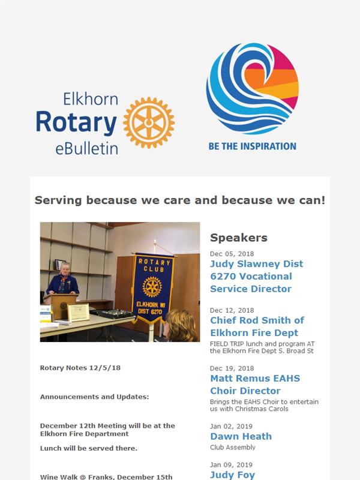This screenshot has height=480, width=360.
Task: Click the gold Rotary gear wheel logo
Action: [x=149, y=122]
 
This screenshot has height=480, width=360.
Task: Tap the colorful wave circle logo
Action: [x=253, y=89]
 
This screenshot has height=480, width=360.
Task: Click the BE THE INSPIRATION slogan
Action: [x=252, y=146]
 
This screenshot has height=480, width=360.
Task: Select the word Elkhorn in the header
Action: [x=91, y=99]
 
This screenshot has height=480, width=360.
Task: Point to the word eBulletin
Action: [x=86, y=149]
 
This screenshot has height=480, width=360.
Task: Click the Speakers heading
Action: [x=239, y=238]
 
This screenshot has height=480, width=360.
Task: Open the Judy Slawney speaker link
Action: [x=257, y=276]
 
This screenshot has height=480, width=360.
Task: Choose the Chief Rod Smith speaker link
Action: [x=257, y=326]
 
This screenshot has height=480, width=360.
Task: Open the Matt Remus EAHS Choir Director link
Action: [x=255, y=385]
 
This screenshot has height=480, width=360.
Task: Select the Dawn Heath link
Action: [x=241, y=436]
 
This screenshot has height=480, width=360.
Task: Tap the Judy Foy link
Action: [x=232, y=475]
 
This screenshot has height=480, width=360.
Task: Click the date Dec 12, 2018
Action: [x=232, y=310]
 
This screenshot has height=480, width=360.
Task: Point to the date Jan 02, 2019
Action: [x=231, y=426]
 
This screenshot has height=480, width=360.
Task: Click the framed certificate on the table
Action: [x=79, y=312]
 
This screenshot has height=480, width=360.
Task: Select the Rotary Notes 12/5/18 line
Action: [x=80, y=368]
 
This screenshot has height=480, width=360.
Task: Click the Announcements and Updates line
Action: [x=95, y=397]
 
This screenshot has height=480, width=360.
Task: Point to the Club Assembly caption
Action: [x=233, y=447]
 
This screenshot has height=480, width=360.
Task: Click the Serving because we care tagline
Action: [x=180, y=200]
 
